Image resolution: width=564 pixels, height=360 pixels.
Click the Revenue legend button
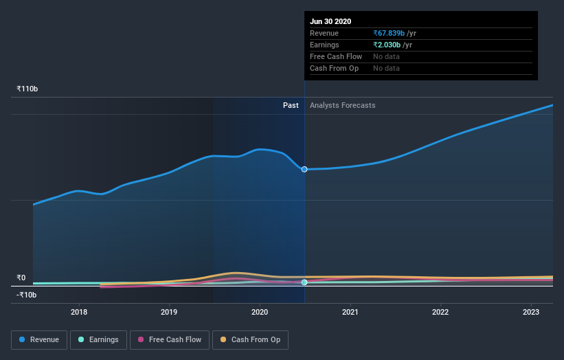pos(39,339)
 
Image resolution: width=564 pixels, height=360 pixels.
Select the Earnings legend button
pos(98,339)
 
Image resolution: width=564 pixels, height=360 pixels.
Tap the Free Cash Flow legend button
pos(169,339)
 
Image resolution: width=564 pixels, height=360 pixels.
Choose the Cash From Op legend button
pos(250,339)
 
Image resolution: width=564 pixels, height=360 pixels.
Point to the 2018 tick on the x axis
pos(79,312)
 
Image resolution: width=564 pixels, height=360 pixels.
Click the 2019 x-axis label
pos(170,312)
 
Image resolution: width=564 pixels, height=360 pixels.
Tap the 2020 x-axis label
pos(260,312)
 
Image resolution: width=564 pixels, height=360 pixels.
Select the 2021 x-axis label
pos(350,312)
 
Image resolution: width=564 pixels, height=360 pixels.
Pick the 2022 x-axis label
pos(440,312)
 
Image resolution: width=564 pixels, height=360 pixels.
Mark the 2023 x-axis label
pos(531,312)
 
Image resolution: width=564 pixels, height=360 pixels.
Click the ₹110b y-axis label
pos(27,89)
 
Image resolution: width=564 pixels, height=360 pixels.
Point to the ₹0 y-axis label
pos(21,278)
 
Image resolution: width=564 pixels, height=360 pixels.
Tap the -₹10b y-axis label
pos(27,295)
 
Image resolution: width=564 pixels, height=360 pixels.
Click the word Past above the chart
pos(291,105)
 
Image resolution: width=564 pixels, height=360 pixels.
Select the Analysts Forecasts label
pos(343,105)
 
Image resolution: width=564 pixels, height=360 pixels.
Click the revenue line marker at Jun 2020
pos(304,169)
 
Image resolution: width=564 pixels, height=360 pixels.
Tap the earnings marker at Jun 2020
pos(304,282)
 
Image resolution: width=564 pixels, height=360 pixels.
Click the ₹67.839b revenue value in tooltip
pos(390,33)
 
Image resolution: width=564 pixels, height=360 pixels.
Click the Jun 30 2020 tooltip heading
pos(330,21)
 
